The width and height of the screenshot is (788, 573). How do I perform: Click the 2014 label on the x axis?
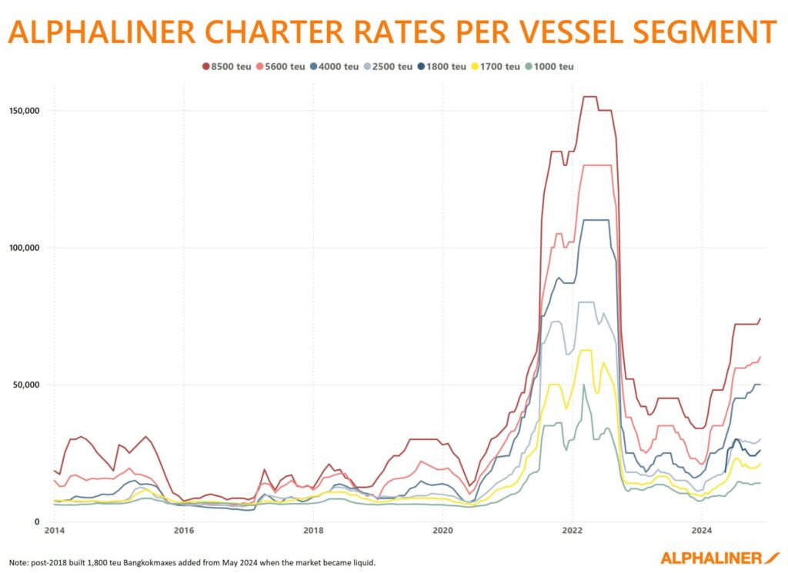pos(54,531)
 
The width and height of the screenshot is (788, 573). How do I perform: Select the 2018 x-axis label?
pos(313,531)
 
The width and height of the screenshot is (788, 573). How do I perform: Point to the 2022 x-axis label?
pos(572,531)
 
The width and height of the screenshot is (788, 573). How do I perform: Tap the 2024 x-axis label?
pos(701,531)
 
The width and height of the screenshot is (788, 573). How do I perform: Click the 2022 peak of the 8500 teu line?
pos(589,96)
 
